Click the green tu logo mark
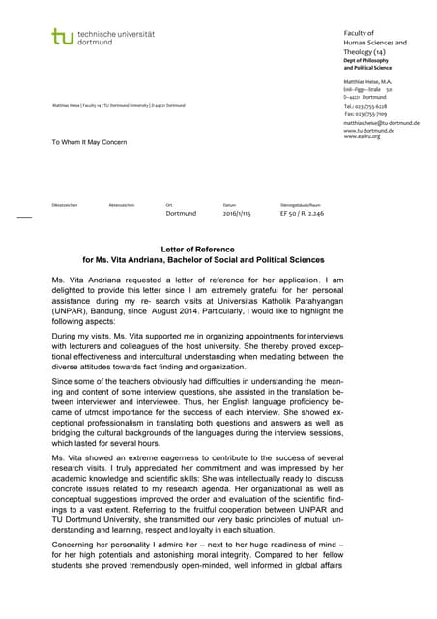coord(63,38)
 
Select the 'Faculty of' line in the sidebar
coord(361,33)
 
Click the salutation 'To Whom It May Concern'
coord(89,142)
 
